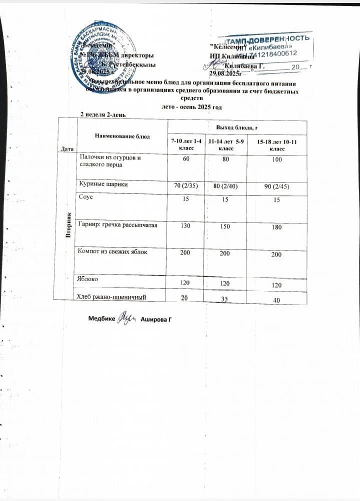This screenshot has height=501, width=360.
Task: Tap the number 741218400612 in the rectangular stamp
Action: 272,53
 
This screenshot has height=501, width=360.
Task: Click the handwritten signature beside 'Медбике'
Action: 124,318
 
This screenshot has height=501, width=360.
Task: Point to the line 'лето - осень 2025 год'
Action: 191,106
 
